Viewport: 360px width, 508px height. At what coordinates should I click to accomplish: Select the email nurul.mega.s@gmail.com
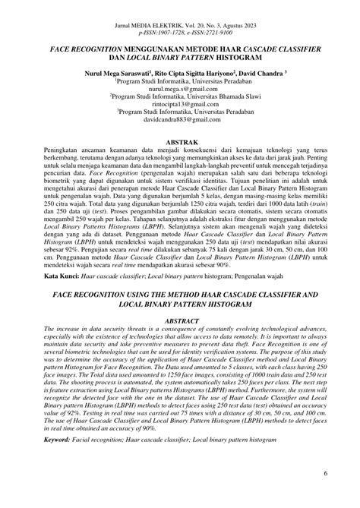[180, 87]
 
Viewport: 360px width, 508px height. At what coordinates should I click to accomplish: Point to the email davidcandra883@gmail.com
[180, 119]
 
